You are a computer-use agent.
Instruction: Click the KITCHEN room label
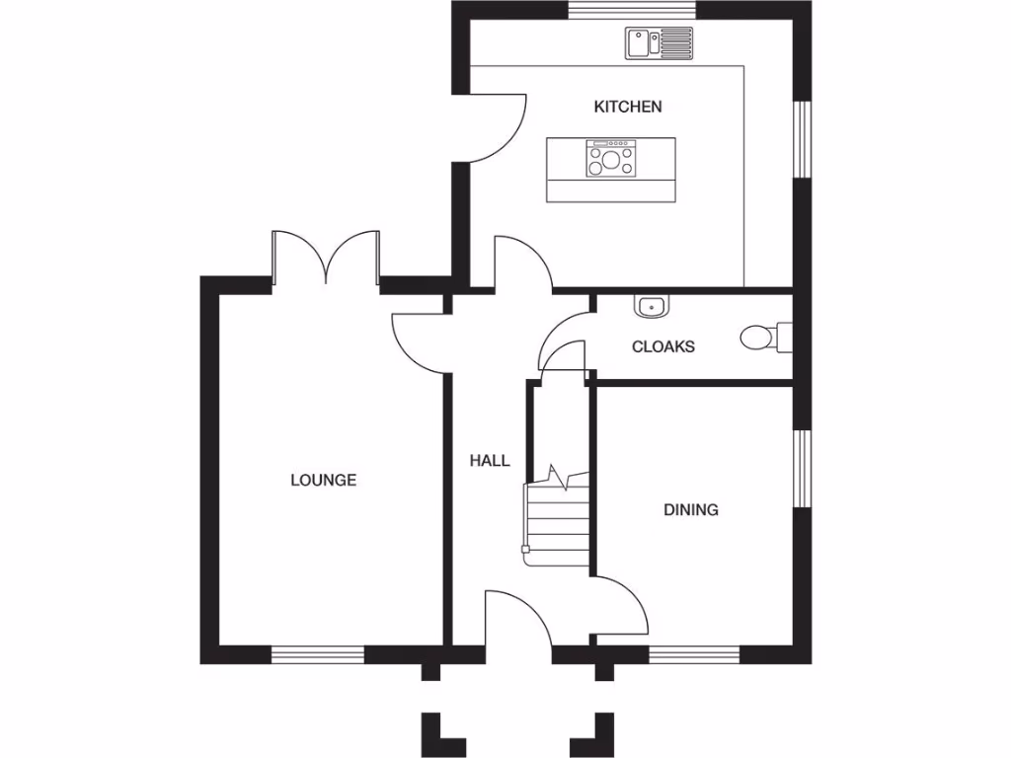click(x=627, y=107)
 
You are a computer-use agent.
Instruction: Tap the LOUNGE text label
click(x=323, y=481)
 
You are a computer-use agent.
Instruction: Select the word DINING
click(x=690, y=510)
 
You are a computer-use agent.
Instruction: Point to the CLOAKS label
click(x=662, y=346)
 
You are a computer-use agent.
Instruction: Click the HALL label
click(x=490, y=460)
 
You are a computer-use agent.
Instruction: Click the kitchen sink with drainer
click(x=659, y=42)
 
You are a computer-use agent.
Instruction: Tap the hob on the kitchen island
click(x=611, y=159)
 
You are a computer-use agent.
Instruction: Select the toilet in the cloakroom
click(x=761, y=338)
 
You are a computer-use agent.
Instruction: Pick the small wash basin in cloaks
click(x=651, y=307)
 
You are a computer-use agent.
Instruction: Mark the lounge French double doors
click(x=326, y=259)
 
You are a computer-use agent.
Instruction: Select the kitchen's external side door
click(x=493, y=128)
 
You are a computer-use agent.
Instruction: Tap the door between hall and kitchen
click(x=522, y=265)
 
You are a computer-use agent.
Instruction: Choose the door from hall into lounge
click(x=422, y=341)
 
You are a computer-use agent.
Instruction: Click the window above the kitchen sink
click(x=632, y=10)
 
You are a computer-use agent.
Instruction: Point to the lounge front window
click(x=318, y=654)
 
